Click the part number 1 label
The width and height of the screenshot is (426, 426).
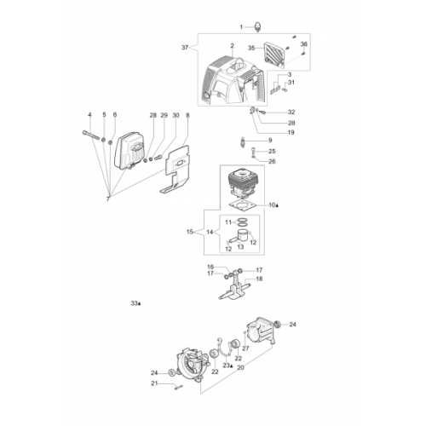click(x=241, y=27)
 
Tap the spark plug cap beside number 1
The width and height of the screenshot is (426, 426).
click(x=258, y=27)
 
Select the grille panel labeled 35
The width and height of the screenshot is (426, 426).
click(x=274, y=55)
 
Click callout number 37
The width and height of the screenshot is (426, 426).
click(x=185, y=48)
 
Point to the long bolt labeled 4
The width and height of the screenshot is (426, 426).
click(x=91, y=135)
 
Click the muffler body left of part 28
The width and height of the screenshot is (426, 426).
click(x=129, y=150)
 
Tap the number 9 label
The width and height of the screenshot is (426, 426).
click(x=270, y=140)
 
